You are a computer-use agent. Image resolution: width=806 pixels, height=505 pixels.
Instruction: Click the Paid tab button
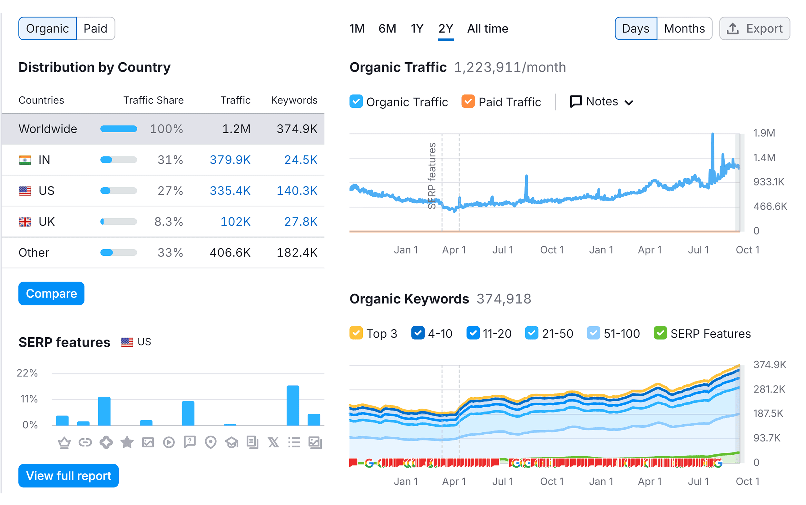(x=95, y=29)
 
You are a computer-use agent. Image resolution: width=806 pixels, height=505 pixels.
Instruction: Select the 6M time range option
(x=387, y=29)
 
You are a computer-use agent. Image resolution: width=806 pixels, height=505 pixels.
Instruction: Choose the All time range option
(x=487, y=29)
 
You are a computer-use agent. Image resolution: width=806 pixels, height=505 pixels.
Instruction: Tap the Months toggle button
(x=684, y=29)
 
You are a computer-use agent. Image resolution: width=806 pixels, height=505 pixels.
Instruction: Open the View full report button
(x=68, y=475)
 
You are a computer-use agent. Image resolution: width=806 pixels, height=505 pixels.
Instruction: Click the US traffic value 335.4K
(x=230, y=191)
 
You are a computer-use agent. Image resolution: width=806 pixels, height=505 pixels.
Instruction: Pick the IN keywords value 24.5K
(x=300, y=160)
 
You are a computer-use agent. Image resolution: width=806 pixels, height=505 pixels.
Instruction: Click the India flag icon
(x=25, y=160)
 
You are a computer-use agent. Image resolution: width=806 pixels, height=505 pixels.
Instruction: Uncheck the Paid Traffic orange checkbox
(x=468, y=102)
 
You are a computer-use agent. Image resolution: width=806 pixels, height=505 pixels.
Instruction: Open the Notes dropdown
(x=601, y=102)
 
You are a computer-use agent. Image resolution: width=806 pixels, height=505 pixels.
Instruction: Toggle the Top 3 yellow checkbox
(x=356, y=333)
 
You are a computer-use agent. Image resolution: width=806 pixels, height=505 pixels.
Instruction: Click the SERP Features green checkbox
(x=660, y=333)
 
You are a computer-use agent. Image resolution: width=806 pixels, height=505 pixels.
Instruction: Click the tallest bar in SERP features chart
(x=293, y=405)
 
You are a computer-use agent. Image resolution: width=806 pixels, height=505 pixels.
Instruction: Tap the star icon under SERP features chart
(x=127, y=442)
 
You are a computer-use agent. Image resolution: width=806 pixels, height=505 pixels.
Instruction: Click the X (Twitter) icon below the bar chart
(x=273, y=442)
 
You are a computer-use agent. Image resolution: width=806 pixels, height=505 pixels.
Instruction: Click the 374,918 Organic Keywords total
(x=504, y=299)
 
